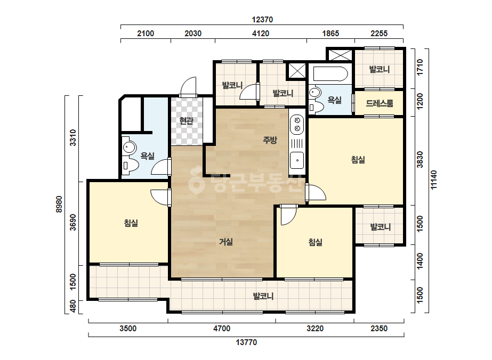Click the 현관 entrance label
coord(187,121)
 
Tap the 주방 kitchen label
coord(270,140)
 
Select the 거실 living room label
coord(226,242)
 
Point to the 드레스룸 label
coord(380,103)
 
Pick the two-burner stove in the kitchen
coord(297,124)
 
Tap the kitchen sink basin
coord(297,160)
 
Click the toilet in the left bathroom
coord(130,165)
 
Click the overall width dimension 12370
coord(262,20)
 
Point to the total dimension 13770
coord(246,342)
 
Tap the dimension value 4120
coord(261,33)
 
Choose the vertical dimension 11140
coord(434,179)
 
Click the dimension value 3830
coord(420,160)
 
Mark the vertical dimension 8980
coord(59,204)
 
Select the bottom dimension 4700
coord(222,329)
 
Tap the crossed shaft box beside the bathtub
coord(297,71)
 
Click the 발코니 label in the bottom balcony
coord(263,296)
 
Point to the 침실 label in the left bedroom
coord(131,223)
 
